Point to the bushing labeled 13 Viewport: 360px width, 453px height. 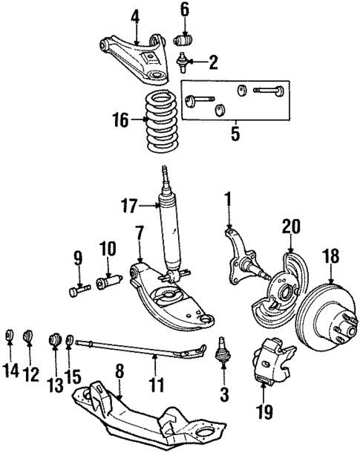coord(55,339)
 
